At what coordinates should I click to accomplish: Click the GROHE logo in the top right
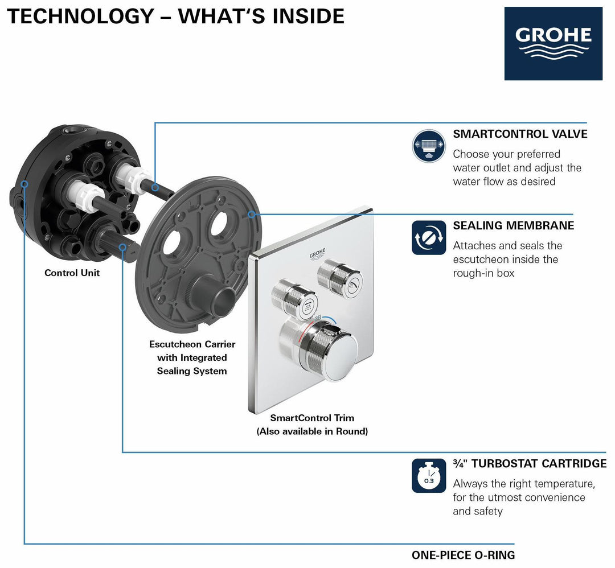tap(553, 43)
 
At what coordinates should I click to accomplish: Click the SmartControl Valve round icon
tap(428, 146)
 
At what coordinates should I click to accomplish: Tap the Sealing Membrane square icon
tap(428, 237)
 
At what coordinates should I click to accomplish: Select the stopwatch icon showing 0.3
tap(428, 476)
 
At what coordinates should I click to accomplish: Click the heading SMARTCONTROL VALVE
tap(520, 134)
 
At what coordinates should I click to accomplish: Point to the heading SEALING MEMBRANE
tap(513, 225)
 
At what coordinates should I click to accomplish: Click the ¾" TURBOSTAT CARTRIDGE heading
tap(530, 463)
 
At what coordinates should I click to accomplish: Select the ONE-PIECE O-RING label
tap(463, 555)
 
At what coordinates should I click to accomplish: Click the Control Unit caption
tap(72, 273)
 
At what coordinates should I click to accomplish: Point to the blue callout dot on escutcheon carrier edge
tap(251, 215)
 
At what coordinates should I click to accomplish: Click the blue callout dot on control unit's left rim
tap(24, 184)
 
